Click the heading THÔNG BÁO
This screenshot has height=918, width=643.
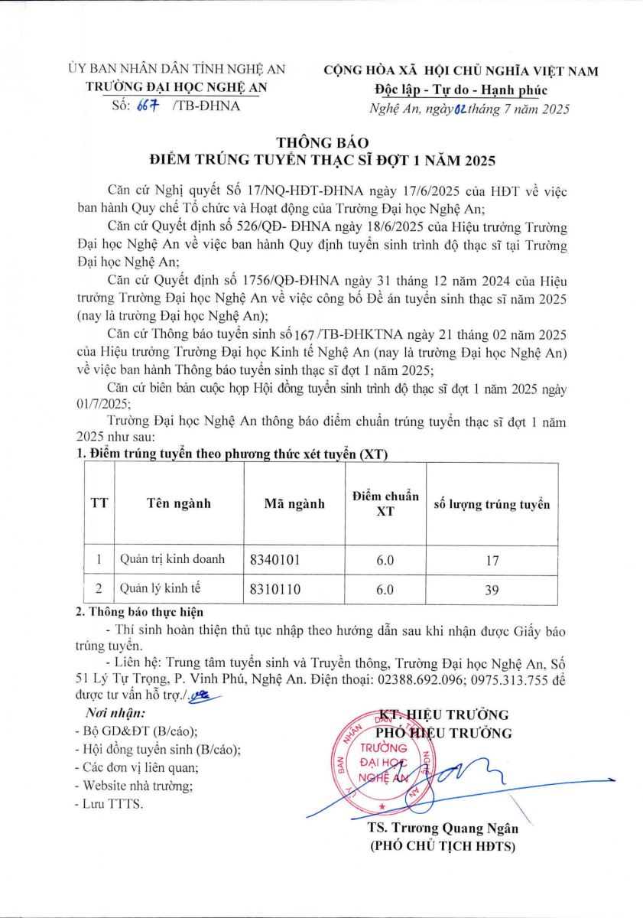pyautogui.click(x=321, y=142)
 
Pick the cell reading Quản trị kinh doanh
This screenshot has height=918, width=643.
pyautogui.click(x=172, y=559)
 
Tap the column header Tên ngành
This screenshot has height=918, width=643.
pyautogui.click(x=178, y=503)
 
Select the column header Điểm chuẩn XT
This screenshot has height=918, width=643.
pyautogui.click(x=385, y=503)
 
